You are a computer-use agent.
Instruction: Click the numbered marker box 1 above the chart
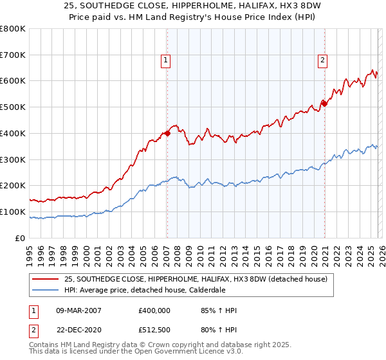point(165,61)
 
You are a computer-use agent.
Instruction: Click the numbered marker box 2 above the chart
point(322,61)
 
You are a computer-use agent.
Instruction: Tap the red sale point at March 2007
point(167,133)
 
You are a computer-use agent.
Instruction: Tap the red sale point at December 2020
point(324,103)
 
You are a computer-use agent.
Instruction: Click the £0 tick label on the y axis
point(19,238)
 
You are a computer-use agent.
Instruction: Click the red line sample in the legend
point(46,279)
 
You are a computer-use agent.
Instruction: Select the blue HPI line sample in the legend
point(46,290)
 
